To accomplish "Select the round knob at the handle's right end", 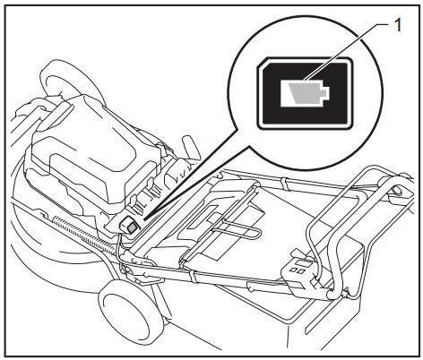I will coord(395,191).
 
